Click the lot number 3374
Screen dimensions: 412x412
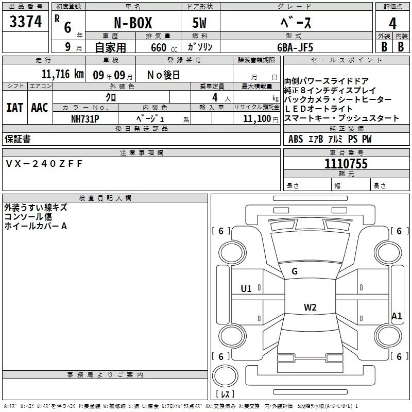[x=26, y=21]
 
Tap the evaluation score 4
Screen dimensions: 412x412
[x=392, y=23]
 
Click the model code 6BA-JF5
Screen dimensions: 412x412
[x=295, y=47]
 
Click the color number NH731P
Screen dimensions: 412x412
[x=85, y=118]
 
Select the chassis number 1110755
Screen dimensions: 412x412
[x=346, y=164]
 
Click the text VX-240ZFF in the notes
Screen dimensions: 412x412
[x=44, y=163]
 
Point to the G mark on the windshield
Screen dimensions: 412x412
[x=295, y=271]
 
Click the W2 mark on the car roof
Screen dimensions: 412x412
[x=310, y=307]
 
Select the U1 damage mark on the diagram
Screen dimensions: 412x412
[x=246, y=289]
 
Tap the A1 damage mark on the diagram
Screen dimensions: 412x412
[x=396, y=316]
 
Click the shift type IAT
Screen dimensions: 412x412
[x=14, y=108]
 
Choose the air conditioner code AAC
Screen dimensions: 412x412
[x=39, y=108]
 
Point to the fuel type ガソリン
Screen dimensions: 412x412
[x=201, y=47]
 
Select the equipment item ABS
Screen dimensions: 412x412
[x=296, y=139]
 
